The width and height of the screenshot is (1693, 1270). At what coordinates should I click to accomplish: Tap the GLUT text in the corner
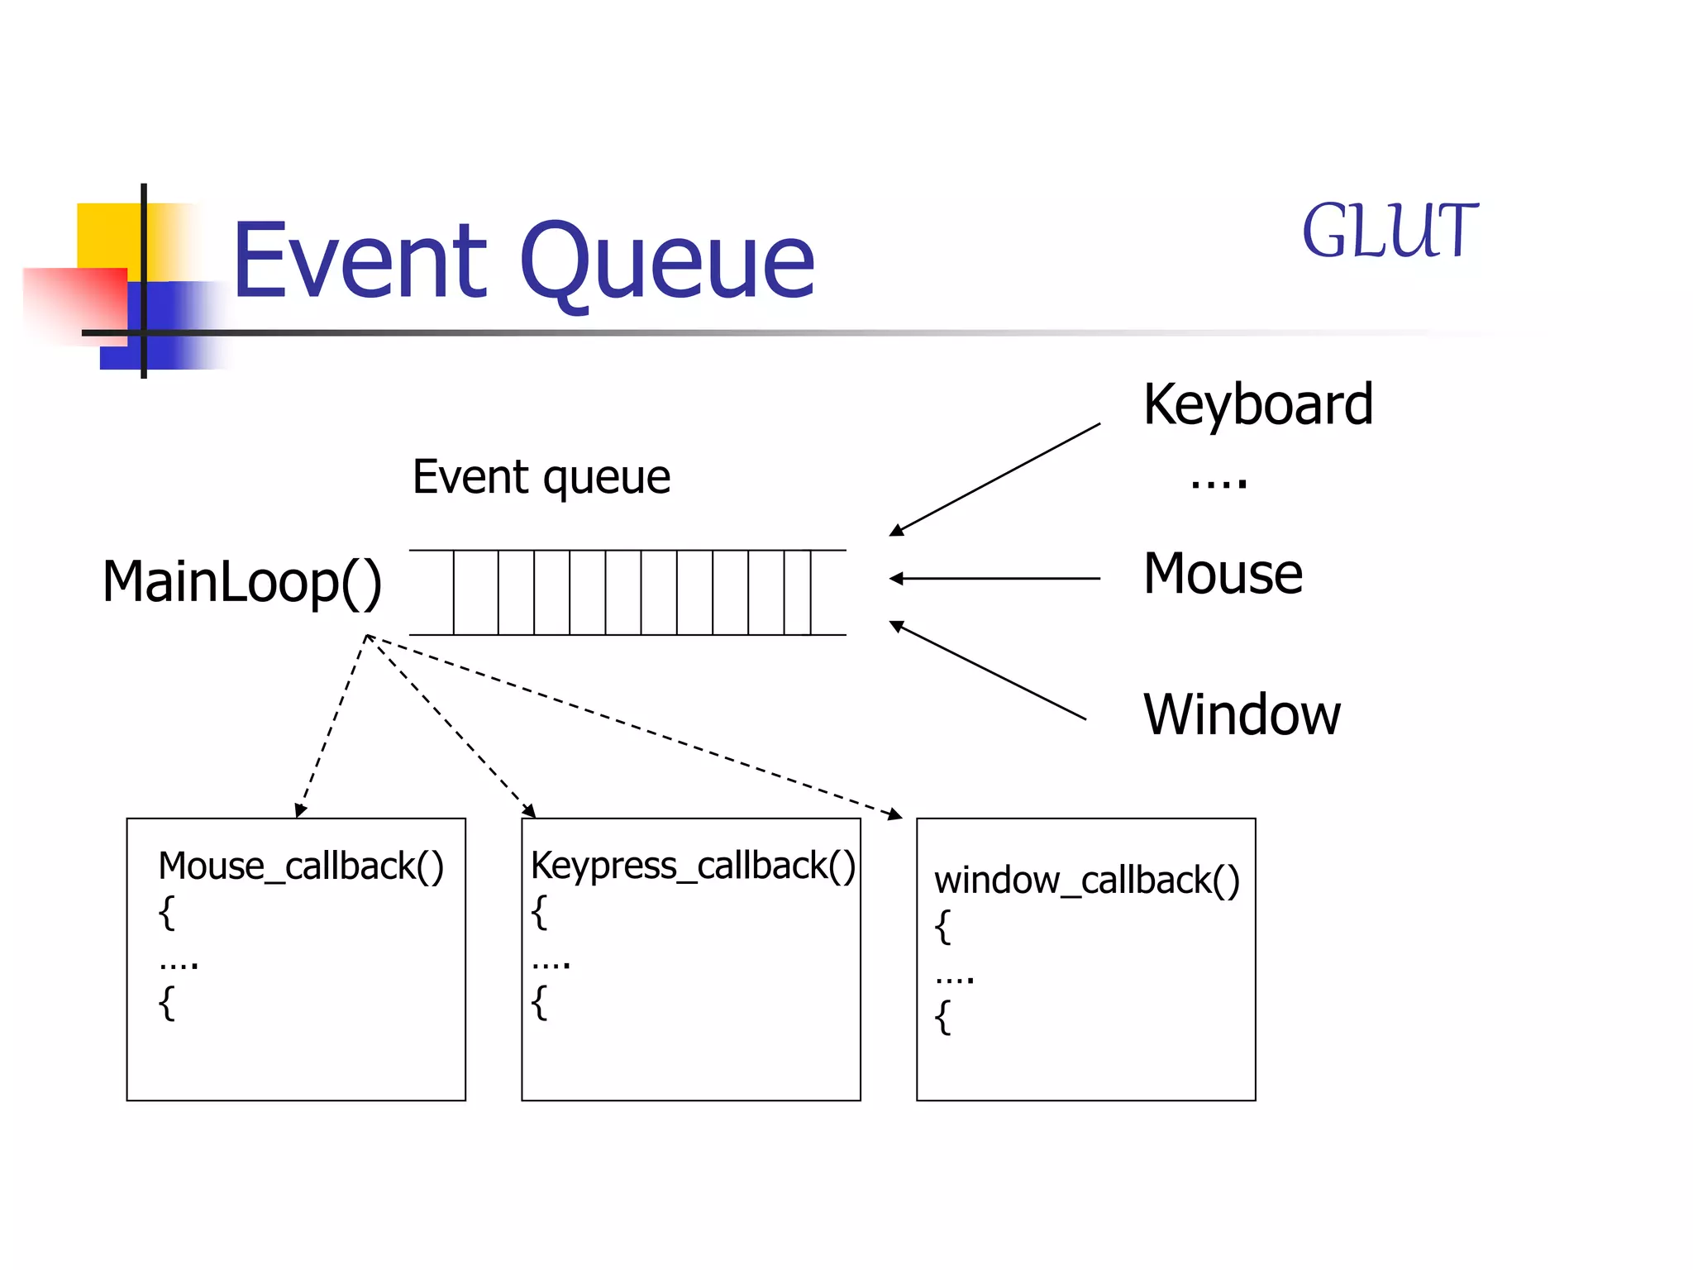pos(1389,232)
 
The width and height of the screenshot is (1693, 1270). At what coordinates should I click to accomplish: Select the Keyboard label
pos(1257,405)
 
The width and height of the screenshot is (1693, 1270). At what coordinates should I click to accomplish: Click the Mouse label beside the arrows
pos(1223,574)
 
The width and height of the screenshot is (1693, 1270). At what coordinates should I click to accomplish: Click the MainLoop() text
pos(242,582)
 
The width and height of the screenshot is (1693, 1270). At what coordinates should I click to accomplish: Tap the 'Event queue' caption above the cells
pos(541,477)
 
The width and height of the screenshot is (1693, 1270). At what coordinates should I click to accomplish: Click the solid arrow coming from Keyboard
pos(995,480)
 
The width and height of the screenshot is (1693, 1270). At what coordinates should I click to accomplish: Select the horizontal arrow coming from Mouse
pos(995,579)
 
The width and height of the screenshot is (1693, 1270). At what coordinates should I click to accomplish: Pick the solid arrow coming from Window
pos(988,671)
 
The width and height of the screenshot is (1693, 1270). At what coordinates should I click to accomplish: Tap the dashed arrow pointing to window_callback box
pos(637,727)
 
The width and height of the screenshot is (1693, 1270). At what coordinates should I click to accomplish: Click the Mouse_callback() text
pos(301,867)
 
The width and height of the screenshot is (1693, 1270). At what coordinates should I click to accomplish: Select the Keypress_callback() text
pos(693,866)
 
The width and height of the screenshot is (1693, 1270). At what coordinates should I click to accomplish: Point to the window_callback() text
pos(1086,881)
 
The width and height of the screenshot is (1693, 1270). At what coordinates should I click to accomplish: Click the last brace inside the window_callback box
pos(942,1017)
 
